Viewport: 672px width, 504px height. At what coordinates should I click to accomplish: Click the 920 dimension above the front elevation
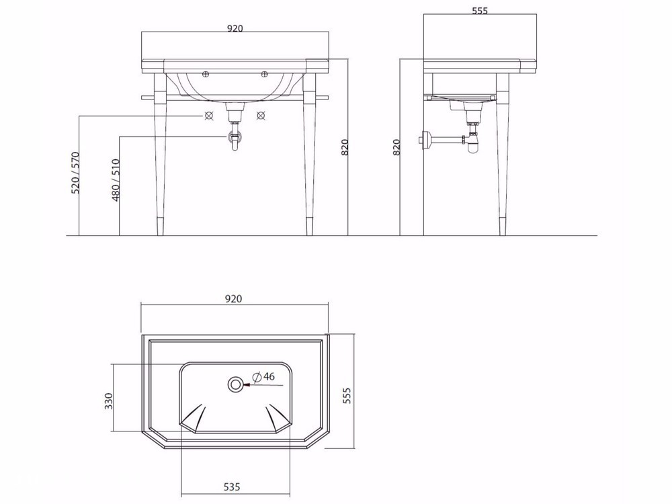click(235, 28)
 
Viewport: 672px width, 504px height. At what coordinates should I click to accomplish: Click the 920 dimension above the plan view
click(234, 299)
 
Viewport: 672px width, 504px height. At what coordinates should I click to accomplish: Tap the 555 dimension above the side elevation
click(480, 11)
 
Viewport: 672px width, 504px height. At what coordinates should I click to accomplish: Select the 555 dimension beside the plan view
click(347, 396)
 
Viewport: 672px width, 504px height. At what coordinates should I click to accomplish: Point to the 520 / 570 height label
click(75, 172)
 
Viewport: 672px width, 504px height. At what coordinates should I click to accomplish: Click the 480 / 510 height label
click(116, 180)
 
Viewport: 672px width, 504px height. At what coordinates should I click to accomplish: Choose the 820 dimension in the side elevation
click(396, 147)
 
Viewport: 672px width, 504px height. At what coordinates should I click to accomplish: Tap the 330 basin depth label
click(109, 401)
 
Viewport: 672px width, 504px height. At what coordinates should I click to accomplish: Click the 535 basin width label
click(232, 487)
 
